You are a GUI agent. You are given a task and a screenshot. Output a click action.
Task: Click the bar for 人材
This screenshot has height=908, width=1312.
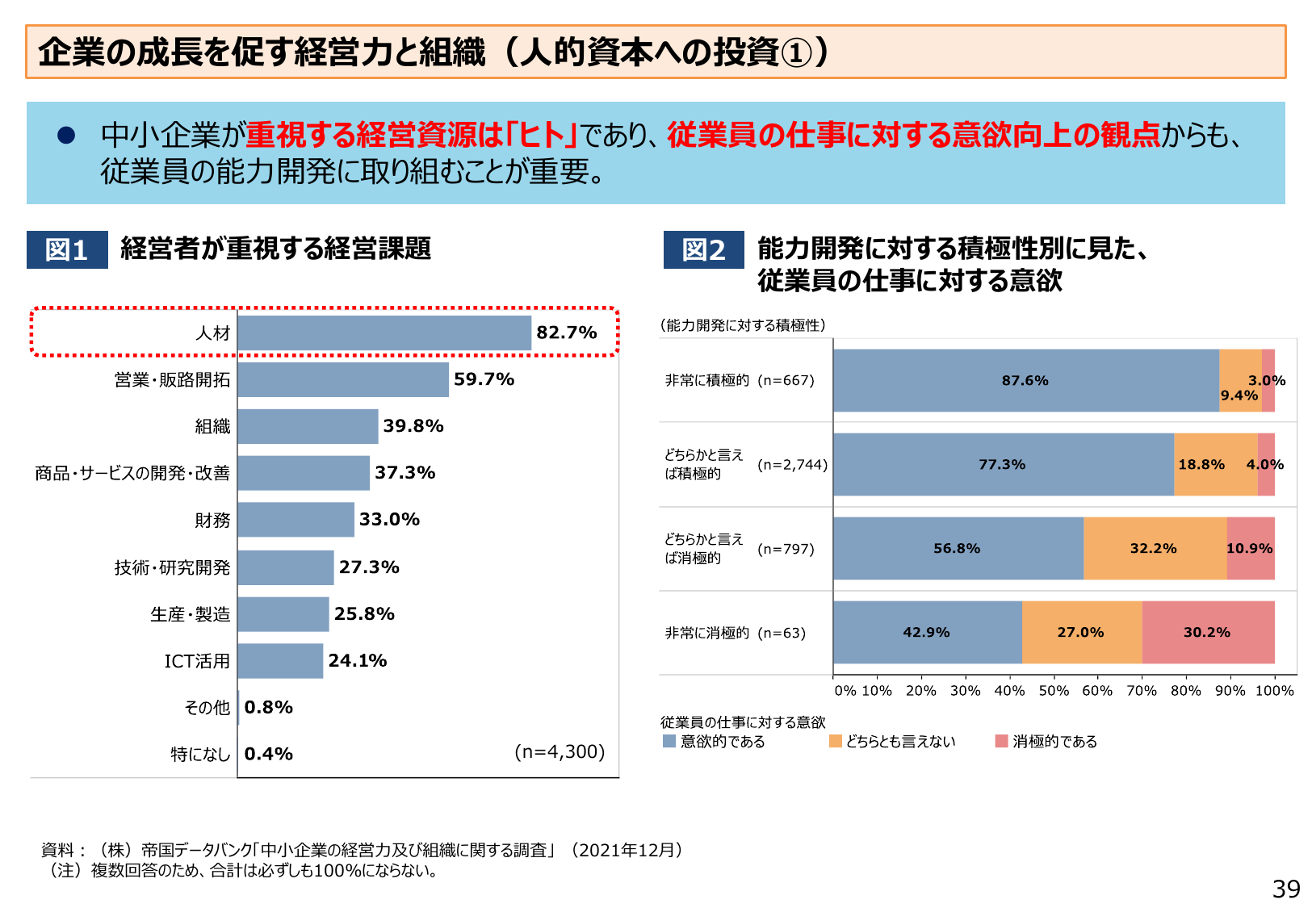(x=384, y=333)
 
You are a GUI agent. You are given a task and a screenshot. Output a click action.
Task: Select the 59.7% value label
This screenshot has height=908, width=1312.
(x=484, y=379)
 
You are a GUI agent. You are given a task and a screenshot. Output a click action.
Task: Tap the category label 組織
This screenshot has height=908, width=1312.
(x=212, y=426)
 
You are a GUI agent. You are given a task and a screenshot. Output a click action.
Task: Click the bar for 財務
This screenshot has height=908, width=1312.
(x=296, y=520)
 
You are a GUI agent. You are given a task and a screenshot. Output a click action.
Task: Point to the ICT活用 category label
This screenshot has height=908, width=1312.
(x=197, y=661)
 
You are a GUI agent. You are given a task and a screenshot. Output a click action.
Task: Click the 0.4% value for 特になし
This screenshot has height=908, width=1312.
(x=268, y=754)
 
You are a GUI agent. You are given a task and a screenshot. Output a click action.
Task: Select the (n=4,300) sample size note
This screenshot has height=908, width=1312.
(x=560, y=751)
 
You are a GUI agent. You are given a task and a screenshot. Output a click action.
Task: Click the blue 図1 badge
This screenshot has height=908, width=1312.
(x=67, y=249)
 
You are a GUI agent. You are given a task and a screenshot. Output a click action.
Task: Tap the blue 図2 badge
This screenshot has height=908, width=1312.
(x=703, y=249)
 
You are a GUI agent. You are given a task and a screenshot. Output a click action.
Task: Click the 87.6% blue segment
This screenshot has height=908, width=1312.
(x=1025, y=381)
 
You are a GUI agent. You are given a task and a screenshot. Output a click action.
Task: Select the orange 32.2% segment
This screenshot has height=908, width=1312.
(x=1154, y=549)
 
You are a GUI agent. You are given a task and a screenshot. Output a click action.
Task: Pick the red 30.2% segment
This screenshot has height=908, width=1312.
(x=1207, y=633)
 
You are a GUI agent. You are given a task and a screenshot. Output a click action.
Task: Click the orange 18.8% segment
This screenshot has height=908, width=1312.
(x=1201, y=465)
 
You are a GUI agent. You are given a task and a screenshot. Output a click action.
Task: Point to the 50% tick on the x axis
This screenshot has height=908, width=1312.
(x=1053, y=691)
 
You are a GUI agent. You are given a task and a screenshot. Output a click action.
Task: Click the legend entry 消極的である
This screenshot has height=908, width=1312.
(x=1054, y=741)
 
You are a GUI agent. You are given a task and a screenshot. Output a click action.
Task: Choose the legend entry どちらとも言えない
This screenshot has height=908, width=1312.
(x=899, y=741)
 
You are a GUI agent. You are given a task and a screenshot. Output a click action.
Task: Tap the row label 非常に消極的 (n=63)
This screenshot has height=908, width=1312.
(x=735, y=633)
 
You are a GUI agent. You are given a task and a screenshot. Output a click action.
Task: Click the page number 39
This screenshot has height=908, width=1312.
(x=1285, y=889)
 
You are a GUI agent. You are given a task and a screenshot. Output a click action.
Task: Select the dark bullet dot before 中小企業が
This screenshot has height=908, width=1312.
(x=66, y=136)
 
